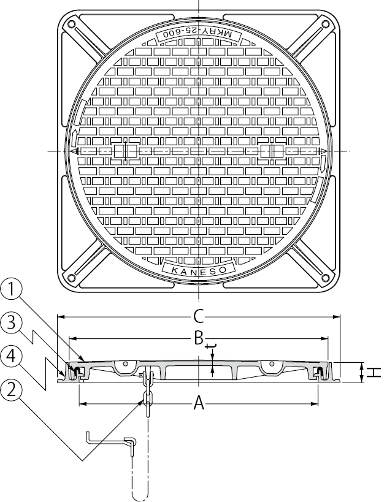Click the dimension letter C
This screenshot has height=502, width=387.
coord(198,316)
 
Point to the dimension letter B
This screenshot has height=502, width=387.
coord(199,338)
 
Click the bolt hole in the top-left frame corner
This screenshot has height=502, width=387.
coord(72,25)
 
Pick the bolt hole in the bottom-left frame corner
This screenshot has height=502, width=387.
coord(72,278)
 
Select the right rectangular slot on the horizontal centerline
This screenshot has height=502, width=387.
coord(270,151)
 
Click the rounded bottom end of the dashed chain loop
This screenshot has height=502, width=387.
coord(140,495)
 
